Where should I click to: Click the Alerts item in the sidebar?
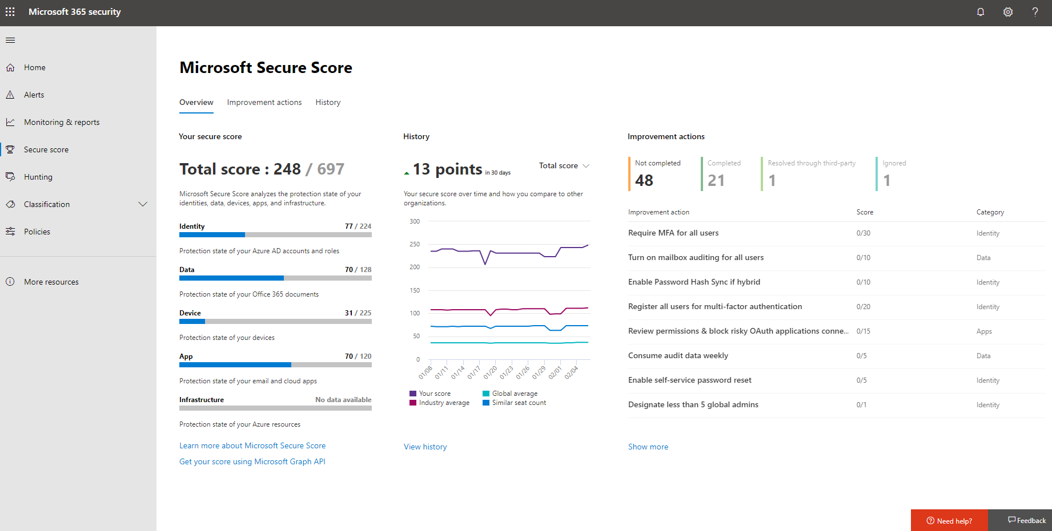tap(34, 95)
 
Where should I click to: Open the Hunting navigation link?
tap(38, 177)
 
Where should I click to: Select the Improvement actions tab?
tap(264, 102)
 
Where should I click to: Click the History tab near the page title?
tap(328, 102)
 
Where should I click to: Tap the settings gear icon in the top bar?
tap(1008, 12)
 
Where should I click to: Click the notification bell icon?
tap(981, 12)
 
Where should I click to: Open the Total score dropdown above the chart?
tap(564, 165)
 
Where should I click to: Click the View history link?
tap(425, 447)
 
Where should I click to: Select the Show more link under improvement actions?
tap(648, 447)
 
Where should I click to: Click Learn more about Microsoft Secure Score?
tap(252, 445)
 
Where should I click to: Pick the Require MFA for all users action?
tap(673, 233)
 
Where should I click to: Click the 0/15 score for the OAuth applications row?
tap(863, 331)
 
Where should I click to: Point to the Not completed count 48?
tap(644, 180)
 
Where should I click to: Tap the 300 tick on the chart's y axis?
tap(415, 221)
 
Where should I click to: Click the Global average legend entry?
tap(514, 394)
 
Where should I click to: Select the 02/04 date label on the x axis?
tap(572, 372)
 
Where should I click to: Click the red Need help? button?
tap(949, 521)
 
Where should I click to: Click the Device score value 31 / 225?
tap(358, 313)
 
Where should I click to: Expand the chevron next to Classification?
tap(143, 204)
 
